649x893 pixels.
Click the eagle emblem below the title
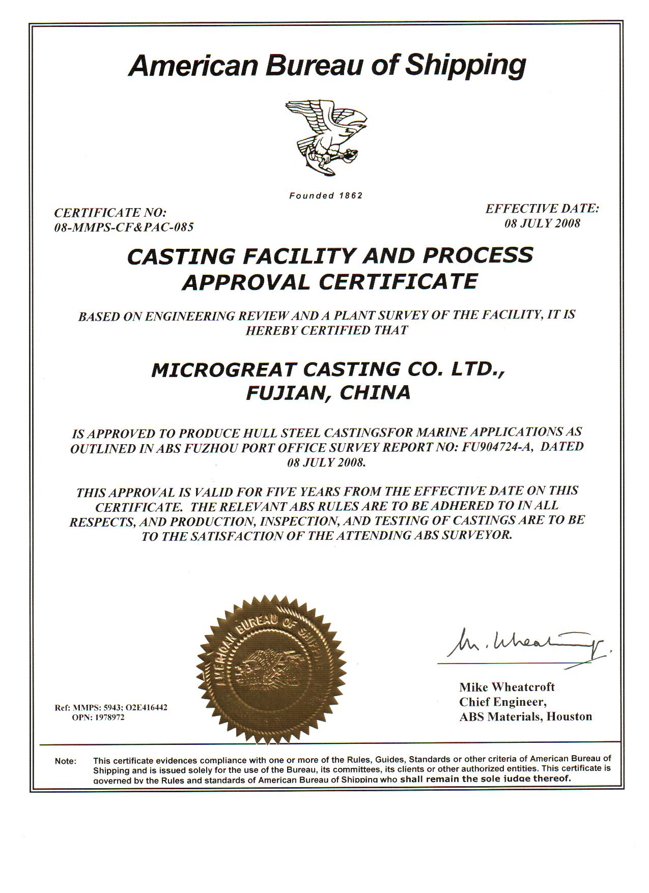point(326,137)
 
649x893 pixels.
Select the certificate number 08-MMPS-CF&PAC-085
point(124,227)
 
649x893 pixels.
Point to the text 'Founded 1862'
point(326,196)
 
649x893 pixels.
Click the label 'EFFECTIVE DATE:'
point(542,209)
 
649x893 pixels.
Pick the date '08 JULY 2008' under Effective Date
point(542,223)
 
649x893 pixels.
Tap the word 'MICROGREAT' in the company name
point(224,369)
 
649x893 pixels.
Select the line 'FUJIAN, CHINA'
point(328,393)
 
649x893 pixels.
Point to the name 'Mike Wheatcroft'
point(507,687)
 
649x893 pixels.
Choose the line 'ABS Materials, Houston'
point(526,716)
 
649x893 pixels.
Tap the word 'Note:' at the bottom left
point(66,762)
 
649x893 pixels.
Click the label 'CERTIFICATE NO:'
point(110,212)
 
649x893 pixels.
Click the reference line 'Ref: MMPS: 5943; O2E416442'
point(111,708)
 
